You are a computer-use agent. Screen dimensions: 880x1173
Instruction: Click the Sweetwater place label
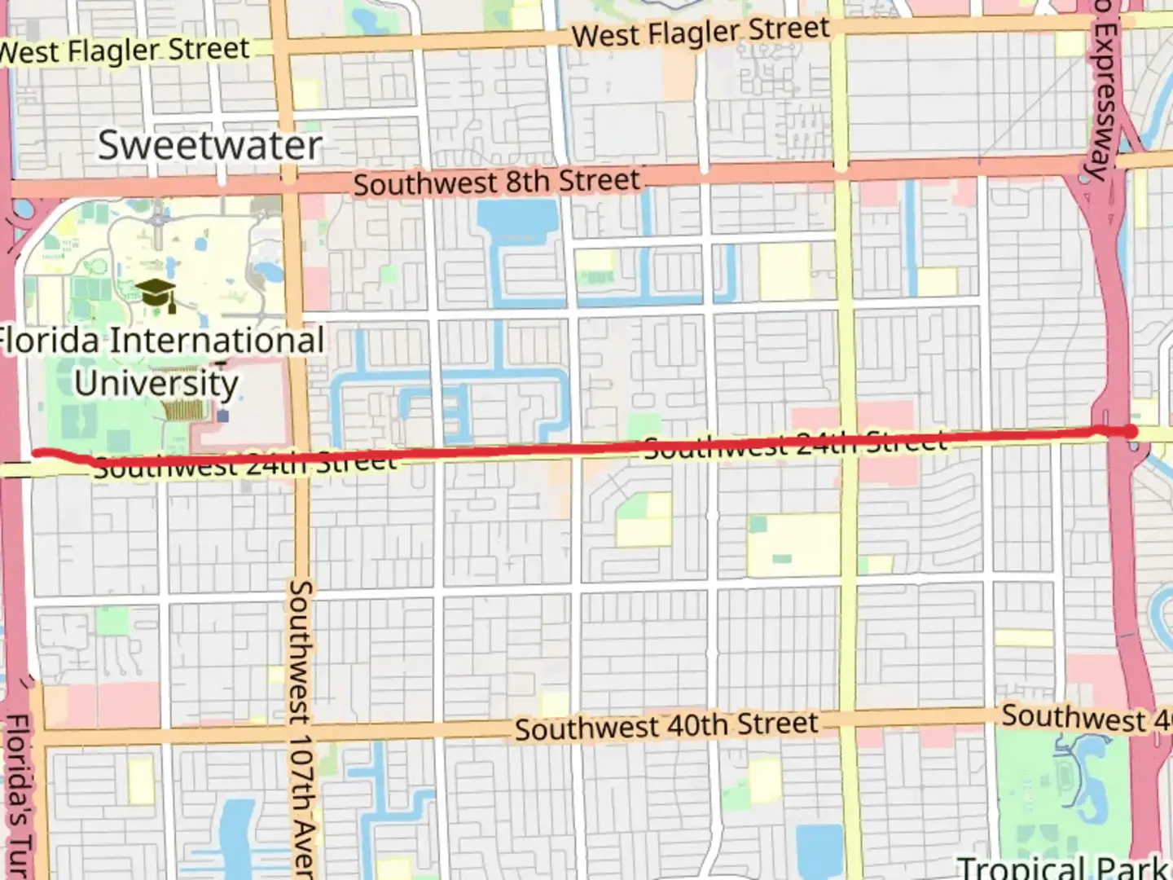click(x=210, y=146)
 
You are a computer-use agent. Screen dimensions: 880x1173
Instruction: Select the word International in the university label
click(x=216, y=341)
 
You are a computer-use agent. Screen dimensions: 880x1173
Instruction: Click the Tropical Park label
click(x=1063, y=867)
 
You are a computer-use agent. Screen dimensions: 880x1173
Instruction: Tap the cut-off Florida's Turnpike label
click(x=18, y=794)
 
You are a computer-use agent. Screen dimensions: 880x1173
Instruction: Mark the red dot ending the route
click(x=1131, y=430)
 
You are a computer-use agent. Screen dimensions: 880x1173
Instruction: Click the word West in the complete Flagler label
click(x=604, y=37)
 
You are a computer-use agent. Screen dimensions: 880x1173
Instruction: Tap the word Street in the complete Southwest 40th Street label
click(x=777, y=724)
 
